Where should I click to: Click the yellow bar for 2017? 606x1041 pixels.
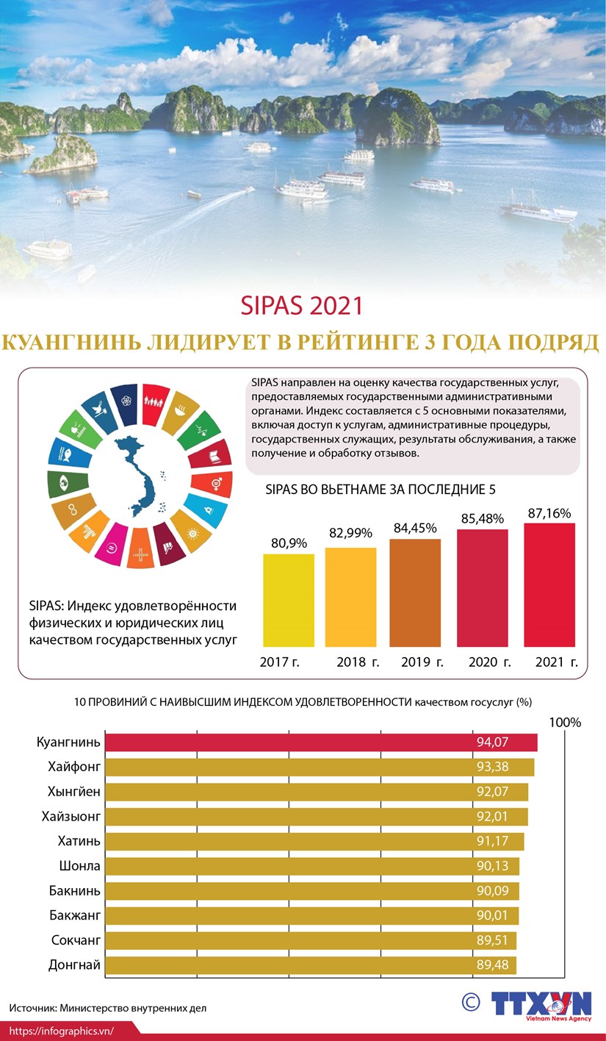coord(289,600)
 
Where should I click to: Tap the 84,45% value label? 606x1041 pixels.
coord(414,528)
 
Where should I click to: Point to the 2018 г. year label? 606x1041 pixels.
coord(358,662)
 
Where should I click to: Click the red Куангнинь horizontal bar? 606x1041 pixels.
coord(321,743)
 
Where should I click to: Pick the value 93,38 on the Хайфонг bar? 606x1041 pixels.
coord(492,768)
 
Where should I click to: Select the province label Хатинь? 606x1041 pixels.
coord(79,841)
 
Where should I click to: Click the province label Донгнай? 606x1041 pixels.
coord(74,965)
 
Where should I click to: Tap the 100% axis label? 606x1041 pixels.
coord(565,723)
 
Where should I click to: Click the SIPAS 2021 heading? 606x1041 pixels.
coord(303,305)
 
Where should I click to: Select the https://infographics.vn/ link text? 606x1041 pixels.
coord(62,1031)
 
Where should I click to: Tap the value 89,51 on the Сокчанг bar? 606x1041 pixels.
coord(492,940)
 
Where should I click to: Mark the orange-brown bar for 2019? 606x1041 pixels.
coord(415,593)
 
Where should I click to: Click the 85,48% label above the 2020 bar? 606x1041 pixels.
coord(482,518)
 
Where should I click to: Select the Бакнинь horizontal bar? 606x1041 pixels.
coord(312,891)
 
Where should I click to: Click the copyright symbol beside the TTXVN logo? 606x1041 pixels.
coord(471,1001)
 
